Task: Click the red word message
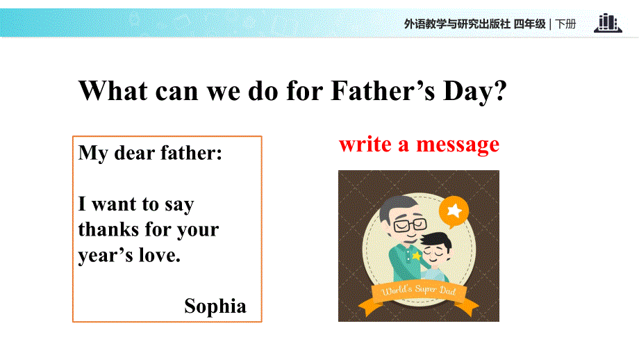(x=458, y=145)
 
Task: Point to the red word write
(x=364, y=144)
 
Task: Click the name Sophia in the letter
(x=215, y=306)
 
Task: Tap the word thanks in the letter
(x=110, y=229)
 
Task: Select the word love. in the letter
(x=158, y=255)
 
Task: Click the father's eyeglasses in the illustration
(x=409, y=224)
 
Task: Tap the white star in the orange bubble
(x=454, y=209)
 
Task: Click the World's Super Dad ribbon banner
(x=419, y=291)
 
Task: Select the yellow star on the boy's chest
(x=416, y=255)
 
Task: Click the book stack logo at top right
(x=607, y=23)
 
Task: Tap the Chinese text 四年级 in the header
(x=529, y=24)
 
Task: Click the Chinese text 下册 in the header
(x=566, y=24)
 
